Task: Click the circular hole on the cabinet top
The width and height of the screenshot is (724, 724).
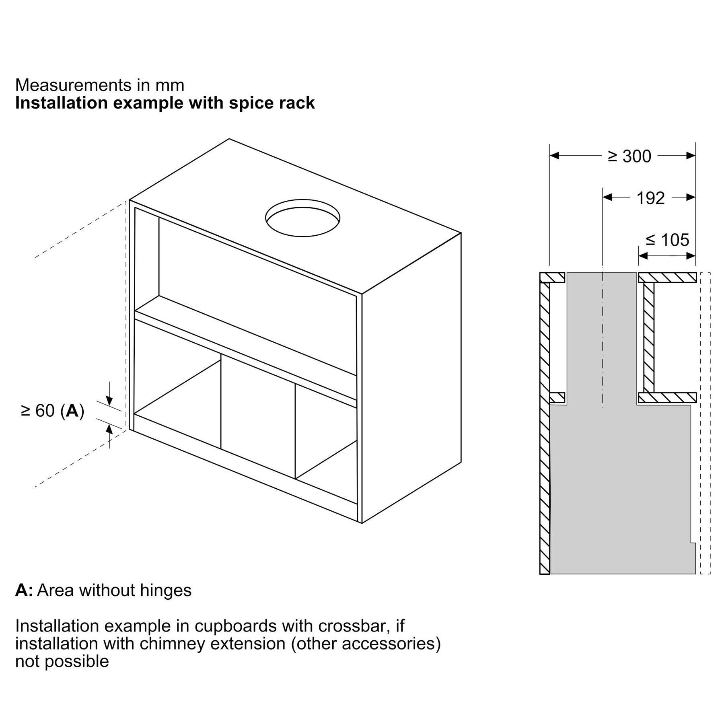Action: [x=302, y=218]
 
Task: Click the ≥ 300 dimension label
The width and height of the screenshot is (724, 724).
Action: [x=629, y=156]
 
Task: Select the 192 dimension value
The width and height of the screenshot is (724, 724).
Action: [x=650, y=198]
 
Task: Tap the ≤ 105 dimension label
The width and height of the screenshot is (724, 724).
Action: [x=667, y=240]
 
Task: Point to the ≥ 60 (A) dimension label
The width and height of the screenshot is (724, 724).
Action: [x=53, y=411]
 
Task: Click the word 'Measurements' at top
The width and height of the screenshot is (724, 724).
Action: [x=73, y=85]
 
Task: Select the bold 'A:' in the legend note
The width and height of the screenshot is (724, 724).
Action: [x=24, y=590]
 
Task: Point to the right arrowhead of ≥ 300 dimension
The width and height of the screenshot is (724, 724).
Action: [x=691, y=155]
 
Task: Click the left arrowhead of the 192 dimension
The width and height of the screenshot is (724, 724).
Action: [x=607, y=197]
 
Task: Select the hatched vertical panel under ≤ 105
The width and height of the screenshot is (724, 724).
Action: [x=648, y=338]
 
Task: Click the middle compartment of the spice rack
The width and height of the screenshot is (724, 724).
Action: [x=257, y=414]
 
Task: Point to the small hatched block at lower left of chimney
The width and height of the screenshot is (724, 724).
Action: [x=557, y=397]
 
